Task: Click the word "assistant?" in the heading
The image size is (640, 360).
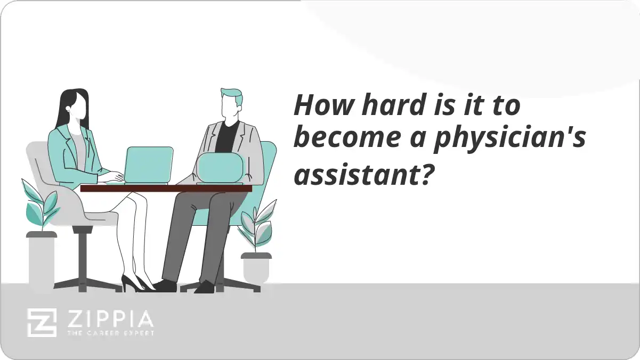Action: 362,174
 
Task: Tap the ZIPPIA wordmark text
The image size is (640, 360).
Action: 109,319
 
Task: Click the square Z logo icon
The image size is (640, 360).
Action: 42,322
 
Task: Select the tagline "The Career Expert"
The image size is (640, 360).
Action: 110,333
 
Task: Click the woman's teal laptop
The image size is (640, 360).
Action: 149,165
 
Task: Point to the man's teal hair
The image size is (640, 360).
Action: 232,97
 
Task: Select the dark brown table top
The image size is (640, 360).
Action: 166,188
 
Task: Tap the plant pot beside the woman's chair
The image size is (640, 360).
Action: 42,261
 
